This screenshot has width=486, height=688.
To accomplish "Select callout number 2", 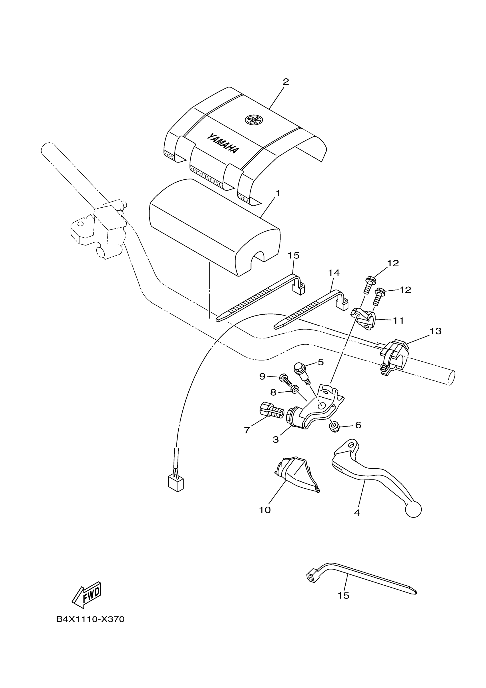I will point(286,82).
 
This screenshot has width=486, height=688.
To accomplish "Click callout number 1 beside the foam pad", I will point(278,194).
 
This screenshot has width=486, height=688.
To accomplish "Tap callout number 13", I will point(436,331).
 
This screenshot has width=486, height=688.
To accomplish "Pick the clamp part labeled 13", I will point(395,356).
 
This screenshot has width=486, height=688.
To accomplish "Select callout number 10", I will point(265,510).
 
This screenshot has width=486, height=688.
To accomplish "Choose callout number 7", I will point(247,430).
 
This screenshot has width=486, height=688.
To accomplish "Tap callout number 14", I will point(334,273).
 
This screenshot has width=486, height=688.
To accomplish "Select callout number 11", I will point(398,321).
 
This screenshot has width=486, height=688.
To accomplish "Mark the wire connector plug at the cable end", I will point(176,483).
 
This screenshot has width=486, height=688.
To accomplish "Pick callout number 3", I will point(276,440).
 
